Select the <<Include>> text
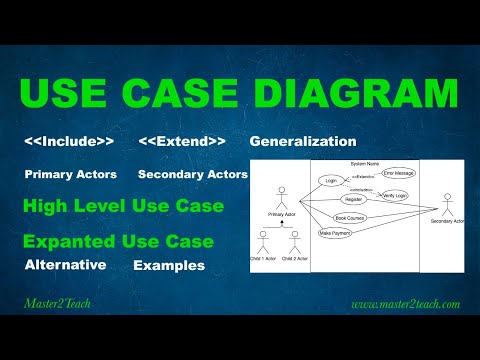(69, 142)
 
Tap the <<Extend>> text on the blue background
(182, 142)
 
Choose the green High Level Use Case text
(123, 208)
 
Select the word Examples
(169, 266)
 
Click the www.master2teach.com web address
(405, 302)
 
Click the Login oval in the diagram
(330, 181)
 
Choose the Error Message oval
(398, 173)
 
